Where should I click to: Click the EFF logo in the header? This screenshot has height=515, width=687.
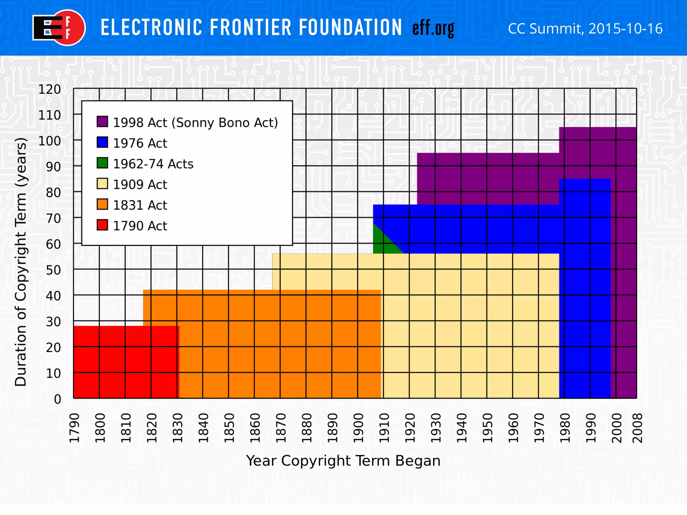pyautogui.click(x=59, y=28)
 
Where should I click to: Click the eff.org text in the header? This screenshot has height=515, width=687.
pyautogui.click(x=433, y=28)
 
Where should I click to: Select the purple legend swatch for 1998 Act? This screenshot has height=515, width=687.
pyautogui.click(x=102, y=122)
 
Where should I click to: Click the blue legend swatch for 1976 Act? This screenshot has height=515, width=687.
pyautogui.click(x=102, y=142)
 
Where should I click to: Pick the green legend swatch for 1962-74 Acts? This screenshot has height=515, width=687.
pyautogui.click(x=102, y=163)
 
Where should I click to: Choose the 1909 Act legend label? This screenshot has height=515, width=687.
pyautogui.click(x=140, y=184)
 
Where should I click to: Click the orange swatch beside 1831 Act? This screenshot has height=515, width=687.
pyautogui.click(x=102, y=205)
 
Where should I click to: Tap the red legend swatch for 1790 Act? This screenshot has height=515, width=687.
pyautogui.click(x=102, y=225)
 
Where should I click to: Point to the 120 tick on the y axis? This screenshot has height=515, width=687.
pyautogui.click(x=50, y=90)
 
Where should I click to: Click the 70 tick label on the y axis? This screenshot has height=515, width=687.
pyautogui.click(x=53, y=219)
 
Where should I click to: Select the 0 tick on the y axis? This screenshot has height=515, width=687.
pyautogui.click(x=57, y=399)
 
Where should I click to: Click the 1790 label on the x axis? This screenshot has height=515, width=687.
pyautogui.click(x=74, y=428)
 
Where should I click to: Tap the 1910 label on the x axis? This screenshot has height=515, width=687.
pyautogui.click(x=384, y=428)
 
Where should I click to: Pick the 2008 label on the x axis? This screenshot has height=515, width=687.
pyautogui.click(x=637, y=428)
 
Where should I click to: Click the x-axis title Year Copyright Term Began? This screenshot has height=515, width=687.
pyautogui.click(x=343, y=461)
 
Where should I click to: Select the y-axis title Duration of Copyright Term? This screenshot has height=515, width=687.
pyautogui.click(x=20, y=262)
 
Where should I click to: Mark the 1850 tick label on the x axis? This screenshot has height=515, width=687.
pyautogui.click(x=229, y=428)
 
